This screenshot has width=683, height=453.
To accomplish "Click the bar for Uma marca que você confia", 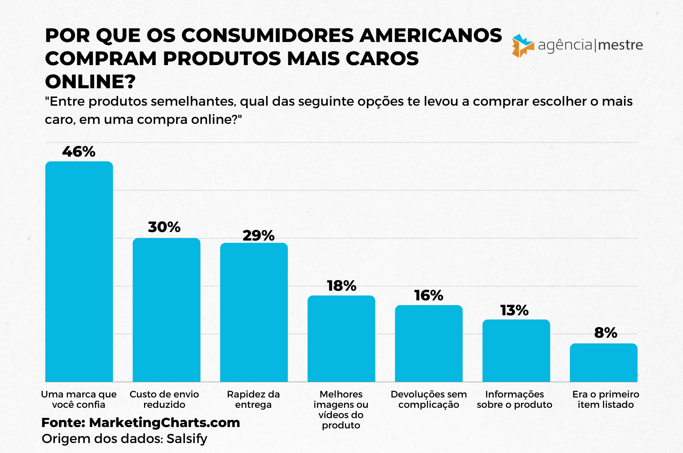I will [x=79, y=272].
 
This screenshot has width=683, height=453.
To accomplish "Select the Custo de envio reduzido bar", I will [x=166, y=310].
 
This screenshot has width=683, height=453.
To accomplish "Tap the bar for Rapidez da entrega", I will [x=254, y=312].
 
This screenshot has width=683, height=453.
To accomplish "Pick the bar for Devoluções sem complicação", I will [x=429, y=343].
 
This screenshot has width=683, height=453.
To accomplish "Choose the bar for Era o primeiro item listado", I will [x=603, y=362].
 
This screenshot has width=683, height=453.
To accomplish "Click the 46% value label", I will [x=79, y=152].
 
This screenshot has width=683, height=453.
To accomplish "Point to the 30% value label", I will [x=164, y=227].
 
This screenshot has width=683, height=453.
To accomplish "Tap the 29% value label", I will [x=258, y=236].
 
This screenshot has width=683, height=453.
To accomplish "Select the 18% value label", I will [x=341, y=286].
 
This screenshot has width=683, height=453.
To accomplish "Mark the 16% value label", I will [x=429, y=295].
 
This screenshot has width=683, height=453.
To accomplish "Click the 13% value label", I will [x=514, y=310].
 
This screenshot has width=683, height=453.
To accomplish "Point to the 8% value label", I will [x=605, y=333].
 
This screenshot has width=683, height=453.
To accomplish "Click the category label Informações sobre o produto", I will [x=514, y=399].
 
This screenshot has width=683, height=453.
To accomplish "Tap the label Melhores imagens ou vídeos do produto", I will [x=341, y=410].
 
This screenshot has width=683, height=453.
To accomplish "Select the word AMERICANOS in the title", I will [x=430, y=36].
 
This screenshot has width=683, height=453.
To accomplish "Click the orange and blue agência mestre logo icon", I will [x=522, y=46].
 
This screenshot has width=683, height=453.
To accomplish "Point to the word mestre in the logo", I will [x=621, y=45].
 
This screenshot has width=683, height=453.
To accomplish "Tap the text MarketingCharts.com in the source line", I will [x=164, y=422].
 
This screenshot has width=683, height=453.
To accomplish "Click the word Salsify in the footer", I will [x=187, y=439].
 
